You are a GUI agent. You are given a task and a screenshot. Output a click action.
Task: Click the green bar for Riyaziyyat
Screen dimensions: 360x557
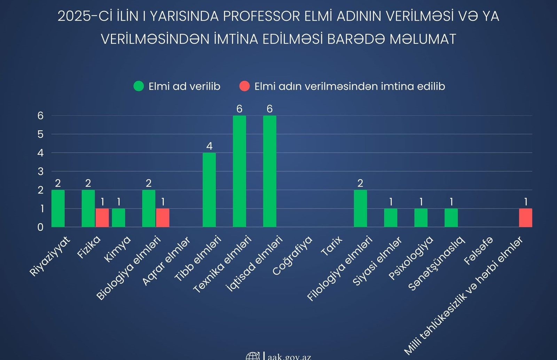[x=58, y=208]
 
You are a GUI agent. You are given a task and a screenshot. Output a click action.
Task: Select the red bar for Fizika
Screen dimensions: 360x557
[x=102, y=218]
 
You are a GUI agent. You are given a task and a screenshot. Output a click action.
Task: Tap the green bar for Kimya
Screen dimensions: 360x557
[x=118, y=218]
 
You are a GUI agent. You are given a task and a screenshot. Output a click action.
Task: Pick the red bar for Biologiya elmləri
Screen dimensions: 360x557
[x=163, y=218]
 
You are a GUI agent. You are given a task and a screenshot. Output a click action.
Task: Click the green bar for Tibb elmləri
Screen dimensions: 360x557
[x=209, y=190]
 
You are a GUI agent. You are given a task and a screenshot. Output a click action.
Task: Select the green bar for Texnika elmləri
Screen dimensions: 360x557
[x=239, y=171]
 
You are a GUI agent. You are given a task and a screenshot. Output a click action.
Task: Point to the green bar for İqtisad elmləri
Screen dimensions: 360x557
[x=269, y=171]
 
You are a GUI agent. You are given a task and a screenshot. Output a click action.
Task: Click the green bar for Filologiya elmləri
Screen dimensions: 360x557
[x=360, y=208]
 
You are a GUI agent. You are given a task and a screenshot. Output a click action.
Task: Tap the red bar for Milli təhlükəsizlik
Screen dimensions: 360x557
[x=525, y=218]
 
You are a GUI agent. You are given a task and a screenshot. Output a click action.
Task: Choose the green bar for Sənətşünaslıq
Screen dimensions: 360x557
[x=451, y=218]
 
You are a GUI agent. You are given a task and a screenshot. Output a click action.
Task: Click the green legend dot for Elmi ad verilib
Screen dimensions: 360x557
[x=139, y=86]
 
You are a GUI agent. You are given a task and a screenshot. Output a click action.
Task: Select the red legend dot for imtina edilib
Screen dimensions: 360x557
[x=244, y=86]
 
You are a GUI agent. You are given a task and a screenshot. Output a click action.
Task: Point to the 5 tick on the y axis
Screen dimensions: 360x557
[x=40, y=134]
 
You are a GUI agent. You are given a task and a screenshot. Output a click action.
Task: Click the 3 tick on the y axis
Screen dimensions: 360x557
[x=40, y=171]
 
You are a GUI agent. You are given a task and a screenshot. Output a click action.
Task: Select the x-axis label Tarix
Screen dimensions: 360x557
[x=332, y=246]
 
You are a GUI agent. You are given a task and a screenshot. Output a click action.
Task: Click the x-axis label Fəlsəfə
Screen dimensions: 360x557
[x=479, y=250]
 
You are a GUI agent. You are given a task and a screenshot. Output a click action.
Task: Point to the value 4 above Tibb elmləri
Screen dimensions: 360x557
[x=209, y=146]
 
